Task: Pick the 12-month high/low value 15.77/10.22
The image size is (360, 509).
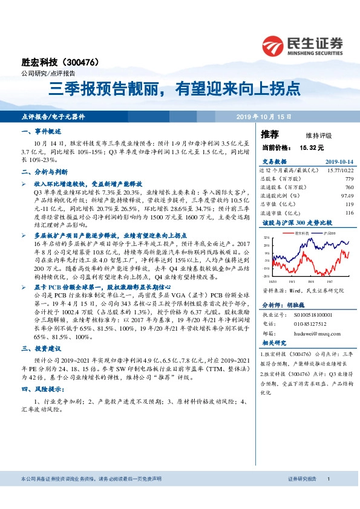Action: click(x=339, y=170)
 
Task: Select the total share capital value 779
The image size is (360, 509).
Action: click(x=349, y=179)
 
